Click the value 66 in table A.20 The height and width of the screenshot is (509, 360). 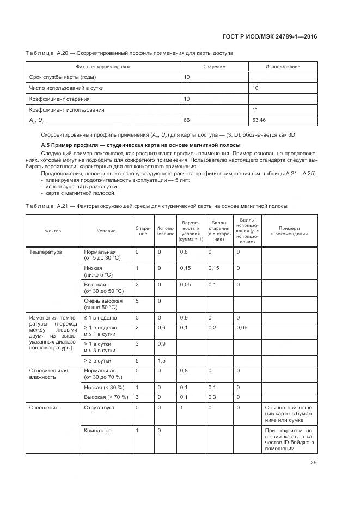click(187, 120)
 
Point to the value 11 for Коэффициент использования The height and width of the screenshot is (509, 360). click(255, 109)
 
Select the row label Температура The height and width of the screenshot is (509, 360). click(46, 252)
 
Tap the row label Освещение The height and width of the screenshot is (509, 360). click(44, 407)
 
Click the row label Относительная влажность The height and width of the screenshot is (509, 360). click(48, 373)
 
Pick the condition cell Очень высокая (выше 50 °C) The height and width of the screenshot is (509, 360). click(103, 304)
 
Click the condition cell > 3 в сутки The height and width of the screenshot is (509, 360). click(98, 360)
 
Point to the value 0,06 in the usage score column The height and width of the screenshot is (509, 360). click(241, 327)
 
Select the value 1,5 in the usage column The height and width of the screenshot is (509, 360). click(161, 360)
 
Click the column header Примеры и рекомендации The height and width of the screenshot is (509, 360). click(289, 231)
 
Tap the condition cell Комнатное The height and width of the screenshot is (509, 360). click(97, 430)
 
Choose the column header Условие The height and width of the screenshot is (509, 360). click(106, 231)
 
